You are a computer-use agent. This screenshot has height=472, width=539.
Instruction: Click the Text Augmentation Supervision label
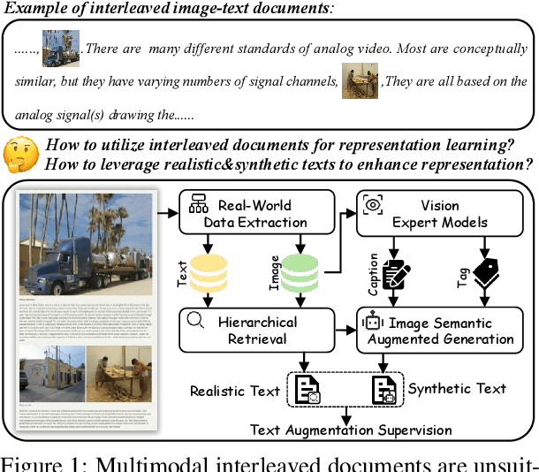coord(352,430)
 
